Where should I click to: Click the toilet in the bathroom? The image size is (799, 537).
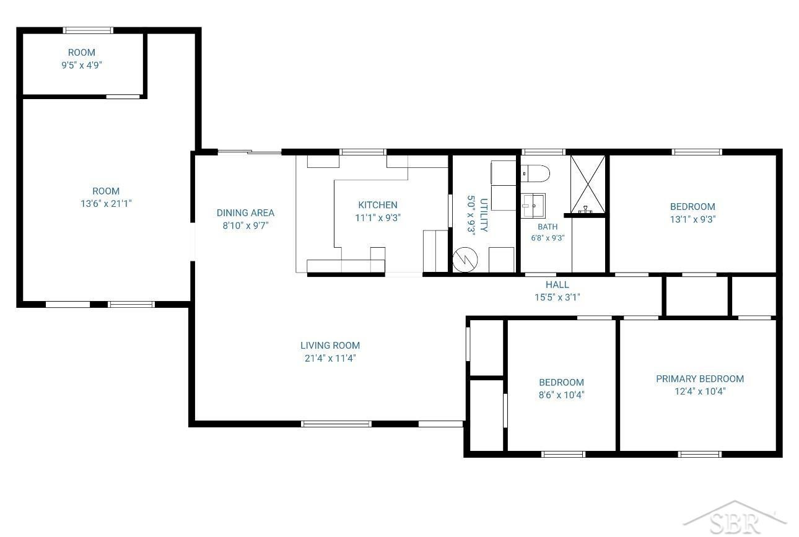click(x=535, y=173)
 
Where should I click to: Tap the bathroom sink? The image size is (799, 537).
click(x=533, y=206)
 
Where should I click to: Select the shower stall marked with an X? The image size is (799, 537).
click(x=588, y=184)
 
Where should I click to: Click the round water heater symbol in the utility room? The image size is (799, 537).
click(x=465, y=260)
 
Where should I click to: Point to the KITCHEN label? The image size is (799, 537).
click(x=378, y=205)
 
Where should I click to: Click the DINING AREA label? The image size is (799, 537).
click(x=245, y=212)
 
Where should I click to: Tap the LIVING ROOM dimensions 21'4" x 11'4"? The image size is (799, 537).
click(x=330, y=358)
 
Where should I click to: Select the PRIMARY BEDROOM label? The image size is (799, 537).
click(x=700, y=378)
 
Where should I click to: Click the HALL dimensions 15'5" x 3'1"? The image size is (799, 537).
click(x=557, y=297)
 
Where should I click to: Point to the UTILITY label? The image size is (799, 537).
click(x=484, y=215)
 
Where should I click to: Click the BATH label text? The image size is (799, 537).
click(x=548, y=227)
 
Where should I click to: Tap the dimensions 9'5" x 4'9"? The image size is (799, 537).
click(x=82, y=65)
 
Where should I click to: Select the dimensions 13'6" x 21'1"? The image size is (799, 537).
click(x=106, y=203)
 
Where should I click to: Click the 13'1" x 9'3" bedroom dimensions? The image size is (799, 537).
click(x=692, y=219)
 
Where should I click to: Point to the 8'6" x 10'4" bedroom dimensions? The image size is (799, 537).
click(x=561, y=395)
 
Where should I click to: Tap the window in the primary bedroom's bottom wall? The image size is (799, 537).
click(x=699, y=454)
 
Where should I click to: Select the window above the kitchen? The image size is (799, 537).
click(x=363, y=152)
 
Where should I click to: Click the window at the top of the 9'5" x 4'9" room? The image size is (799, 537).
click(x=88, y=30)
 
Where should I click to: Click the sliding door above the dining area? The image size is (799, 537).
click(x=250, y=152)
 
